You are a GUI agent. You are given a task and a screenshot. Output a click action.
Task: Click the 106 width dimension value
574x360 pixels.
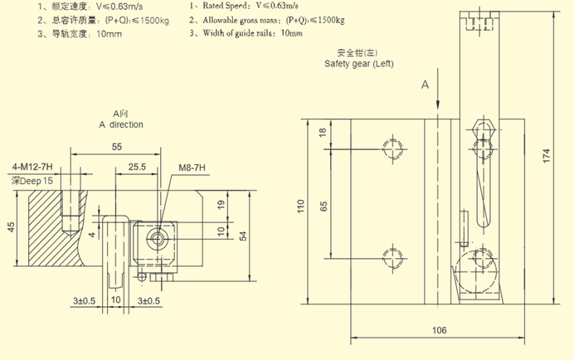439,330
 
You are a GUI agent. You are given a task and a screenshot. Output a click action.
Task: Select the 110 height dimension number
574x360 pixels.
302,205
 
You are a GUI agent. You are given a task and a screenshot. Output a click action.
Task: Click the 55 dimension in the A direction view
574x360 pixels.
116,146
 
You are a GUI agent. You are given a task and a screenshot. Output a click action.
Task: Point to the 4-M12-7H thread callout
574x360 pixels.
32,166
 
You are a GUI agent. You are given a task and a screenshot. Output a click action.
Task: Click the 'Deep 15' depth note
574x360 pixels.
32,180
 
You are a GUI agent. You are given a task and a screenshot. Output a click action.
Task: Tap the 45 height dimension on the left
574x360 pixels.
10,227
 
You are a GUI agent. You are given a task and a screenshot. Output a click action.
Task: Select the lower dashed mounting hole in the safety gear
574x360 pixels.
392,255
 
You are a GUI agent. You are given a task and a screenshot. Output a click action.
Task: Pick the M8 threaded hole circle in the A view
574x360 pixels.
156,238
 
